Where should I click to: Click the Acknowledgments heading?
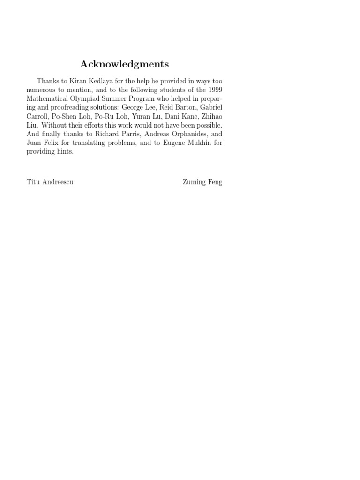(124, 64)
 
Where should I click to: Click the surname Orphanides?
(179, 134)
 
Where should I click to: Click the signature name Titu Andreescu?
(50, 182)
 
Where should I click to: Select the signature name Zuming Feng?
(202, 182)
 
